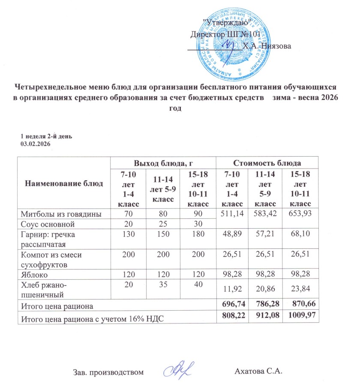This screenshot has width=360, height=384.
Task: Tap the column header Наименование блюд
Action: pyautogui.click(x=64, y=184)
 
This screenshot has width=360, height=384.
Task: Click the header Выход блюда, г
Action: pyautogui.click(x=162, y=163)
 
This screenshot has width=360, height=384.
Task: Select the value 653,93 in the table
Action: pyautogui.click(x=301, y=215)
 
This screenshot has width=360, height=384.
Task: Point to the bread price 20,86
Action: pyautogui.click(x=267, y=290)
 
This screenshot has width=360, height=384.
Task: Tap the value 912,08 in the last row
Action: pyautogui.click(x=267, y=317)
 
